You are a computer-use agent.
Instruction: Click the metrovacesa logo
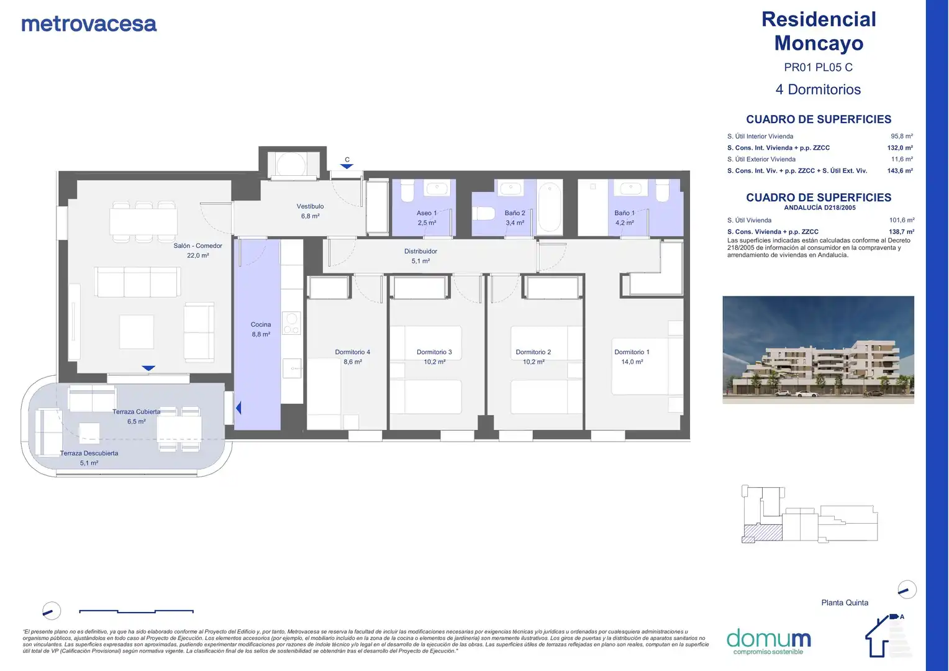pos(89,24)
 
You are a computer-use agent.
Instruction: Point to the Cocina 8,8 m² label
pos(261,329)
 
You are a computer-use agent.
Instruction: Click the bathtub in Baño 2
pos(550,208)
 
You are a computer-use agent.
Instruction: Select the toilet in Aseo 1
pos(407,191)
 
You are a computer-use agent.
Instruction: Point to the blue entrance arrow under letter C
pos(347,167)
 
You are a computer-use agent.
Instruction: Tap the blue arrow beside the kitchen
pos(238,408)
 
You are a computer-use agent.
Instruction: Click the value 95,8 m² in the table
pos(902,136)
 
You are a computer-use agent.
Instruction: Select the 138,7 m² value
pos(901,232)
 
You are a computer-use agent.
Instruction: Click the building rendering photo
pos(818,350)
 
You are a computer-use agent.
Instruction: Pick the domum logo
pos(768,641)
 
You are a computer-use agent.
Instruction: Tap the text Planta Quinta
pos(845,602)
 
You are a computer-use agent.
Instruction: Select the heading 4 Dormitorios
pos(818,89)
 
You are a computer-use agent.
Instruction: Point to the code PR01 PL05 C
pos(818,67)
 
